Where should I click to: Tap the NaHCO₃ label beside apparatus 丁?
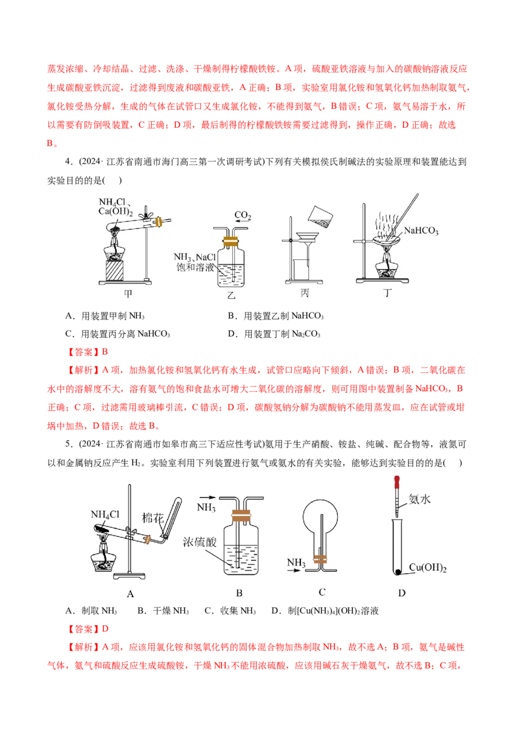pyautogui.click(x=421, y=230)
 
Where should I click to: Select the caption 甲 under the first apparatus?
pyautogui.click(x=128, y=294)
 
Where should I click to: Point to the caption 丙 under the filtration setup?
pyautogui.click(x=305, y=293)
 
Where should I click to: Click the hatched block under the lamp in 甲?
pyautogui.click(x=115, y=270)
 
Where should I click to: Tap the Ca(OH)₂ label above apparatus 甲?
pyautogui.click(x=115, y=211)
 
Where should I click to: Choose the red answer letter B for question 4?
pyautogui.click(x=105, y=351)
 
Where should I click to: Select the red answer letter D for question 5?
pyautogui.click(x=105, y=629)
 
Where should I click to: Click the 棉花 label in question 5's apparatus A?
pyautogui.click(x=152, y=517)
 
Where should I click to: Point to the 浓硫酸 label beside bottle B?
pyautogui.click(x=200, y=542)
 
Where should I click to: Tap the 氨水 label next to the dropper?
pyautogui.click(x=419, y=499)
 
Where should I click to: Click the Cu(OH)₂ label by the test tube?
pyautogui.click(x=428, y=567)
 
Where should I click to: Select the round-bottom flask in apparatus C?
pyautogui.click(x=320, y=517)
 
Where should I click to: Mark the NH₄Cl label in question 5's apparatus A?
pyautogui.click(x=105, y=514)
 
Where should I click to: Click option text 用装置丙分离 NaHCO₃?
pyautogui.click(x=126, y=334)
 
